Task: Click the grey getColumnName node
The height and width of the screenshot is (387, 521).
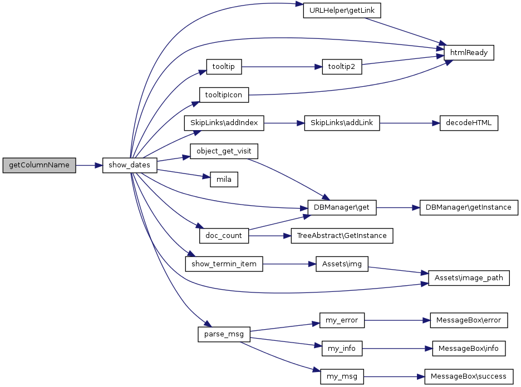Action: tap(39, 166)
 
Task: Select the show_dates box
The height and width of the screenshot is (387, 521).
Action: tap(130, 166)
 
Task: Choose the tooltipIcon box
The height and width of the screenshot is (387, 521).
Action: tap(224, 95)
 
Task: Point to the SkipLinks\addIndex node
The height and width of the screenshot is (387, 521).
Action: tap(224, 123)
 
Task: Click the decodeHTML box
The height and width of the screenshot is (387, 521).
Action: tap(469, 123)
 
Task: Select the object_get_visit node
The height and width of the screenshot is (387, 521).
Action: tap(224, 151)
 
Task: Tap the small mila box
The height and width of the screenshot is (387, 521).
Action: tap(224, 180)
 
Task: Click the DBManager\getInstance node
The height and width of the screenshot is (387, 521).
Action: tap(469, 207)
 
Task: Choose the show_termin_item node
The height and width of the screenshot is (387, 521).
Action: tap(224, 264)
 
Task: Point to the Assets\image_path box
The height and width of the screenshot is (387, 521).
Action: tap(469, 278)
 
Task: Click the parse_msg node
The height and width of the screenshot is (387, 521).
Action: tap(224, 334)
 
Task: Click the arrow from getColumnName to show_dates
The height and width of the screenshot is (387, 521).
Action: tap(89, 166)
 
